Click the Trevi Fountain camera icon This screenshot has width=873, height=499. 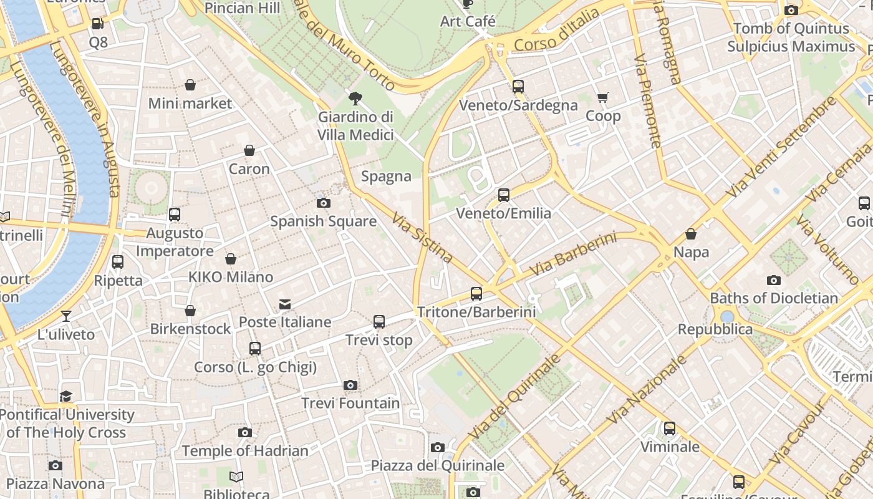coord(350,385)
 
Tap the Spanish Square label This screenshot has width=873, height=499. coord(323,221)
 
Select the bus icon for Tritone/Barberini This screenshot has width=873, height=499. coord(476,293)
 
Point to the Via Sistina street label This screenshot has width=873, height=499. coord(422,237)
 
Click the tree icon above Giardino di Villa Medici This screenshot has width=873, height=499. coord(355,98)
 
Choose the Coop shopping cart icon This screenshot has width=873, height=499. coord(603,97)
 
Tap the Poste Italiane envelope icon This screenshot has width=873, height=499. coord(285,304)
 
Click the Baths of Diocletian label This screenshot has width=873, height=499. coord(774,298)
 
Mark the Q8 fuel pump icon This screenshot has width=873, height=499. coord(98,24)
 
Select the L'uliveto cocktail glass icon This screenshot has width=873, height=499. coord(66,316)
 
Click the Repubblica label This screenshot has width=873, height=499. coord(715,329)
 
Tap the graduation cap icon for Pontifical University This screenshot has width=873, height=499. coord(66,396)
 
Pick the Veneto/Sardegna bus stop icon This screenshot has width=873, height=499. coord(518,87)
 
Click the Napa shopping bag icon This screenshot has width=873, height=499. coord(691,234)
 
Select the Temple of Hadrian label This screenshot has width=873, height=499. coord(245,451)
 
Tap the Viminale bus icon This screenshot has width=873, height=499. coord(670,429)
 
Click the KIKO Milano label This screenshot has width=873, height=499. coord(231,277)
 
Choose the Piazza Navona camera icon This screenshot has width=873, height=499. coord(55,465)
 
